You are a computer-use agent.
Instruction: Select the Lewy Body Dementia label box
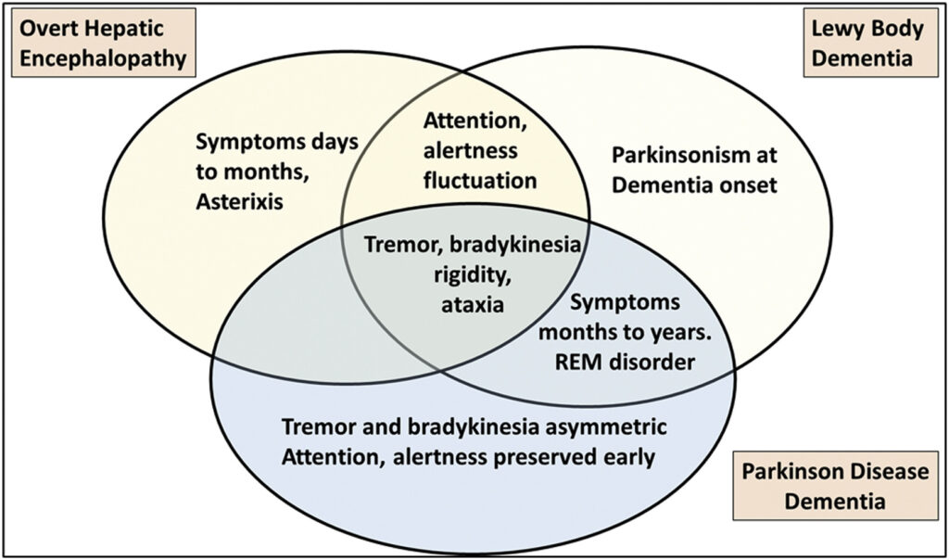(x=867, y=44)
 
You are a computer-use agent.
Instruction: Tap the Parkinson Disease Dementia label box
(x=833, y=487)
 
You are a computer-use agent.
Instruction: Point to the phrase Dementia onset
(x=695, y=185)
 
